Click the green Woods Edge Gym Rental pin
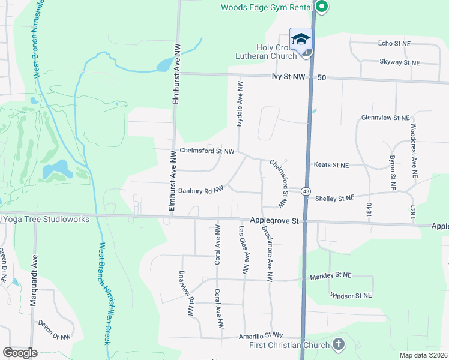pos(322,8)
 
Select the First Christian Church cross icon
pos(339,344)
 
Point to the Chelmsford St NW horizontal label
pos(207,151)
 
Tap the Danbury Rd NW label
pos(200,189)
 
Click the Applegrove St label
pos(275,221)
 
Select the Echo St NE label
pos(394,43)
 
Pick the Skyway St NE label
pos(399,62)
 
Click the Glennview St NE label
pos(385,118)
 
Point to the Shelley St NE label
pos(334,197)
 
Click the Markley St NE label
pos(330,277)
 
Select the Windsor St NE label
pos(351,295)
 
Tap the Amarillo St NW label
pos(260,336)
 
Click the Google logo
pos(20,353)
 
